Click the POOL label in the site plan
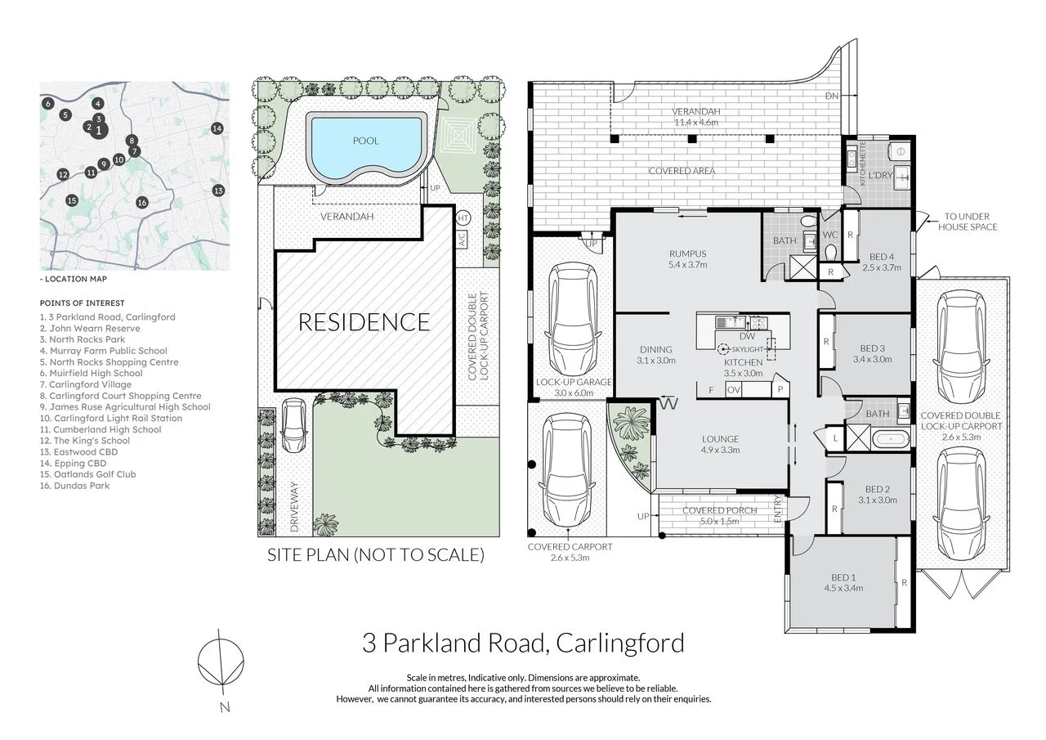point(365,141)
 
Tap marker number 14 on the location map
point(217,128)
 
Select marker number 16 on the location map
point(142,202)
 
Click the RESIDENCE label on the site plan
point(364,322)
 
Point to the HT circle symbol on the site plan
point(463,218)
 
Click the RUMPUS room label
point(687,253)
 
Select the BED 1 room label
point(843,577)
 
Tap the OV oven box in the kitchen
point(734,389)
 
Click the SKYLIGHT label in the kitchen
point(747,349)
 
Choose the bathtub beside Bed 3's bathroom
point(891,439)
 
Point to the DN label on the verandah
point(832,96)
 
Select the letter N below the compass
point(225,708)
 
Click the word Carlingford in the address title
point(620,643)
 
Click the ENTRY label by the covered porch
point(777,509)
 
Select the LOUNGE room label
point(720,439)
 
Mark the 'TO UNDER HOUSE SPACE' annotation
point(967,222)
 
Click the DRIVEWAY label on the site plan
point(294,507)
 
